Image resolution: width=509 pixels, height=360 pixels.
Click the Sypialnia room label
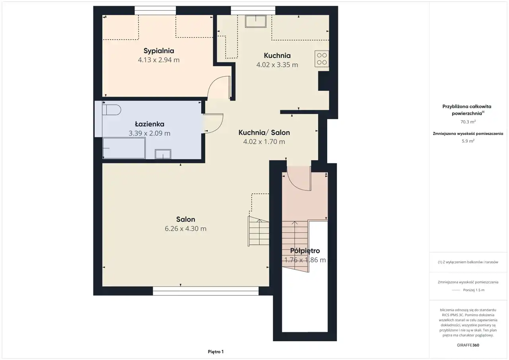point(159,51)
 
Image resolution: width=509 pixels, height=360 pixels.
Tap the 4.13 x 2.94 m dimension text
point(159,60)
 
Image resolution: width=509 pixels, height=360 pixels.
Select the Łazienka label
point(150,124)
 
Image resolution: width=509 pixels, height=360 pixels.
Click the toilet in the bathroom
point(112,110)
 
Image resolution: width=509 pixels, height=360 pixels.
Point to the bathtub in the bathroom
point(124,148)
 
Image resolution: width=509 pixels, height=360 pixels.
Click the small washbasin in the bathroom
point(163,154)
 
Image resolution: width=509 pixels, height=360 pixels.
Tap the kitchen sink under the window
point(256,21)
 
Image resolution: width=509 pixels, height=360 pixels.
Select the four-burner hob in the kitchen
point(322,59)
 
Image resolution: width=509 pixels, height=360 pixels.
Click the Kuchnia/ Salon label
point(264,132)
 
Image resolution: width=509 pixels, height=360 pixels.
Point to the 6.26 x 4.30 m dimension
point(185,229)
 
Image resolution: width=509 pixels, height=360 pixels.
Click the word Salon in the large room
point(185,219)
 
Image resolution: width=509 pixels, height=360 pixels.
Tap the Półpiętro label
point(305,251)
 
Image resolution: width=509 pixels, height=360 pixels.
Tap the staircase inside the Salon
point(258,231)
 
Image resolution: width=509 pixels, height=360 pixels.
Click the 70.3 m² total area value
point(468,122)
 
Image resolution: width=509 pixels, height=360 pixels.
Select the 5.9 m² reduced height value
point(468,141)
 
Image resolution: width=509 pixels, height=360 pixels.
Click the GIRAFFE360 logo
point(468,345)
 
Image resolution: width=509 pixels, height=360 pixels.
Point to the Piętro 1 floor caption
point(216,352)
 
